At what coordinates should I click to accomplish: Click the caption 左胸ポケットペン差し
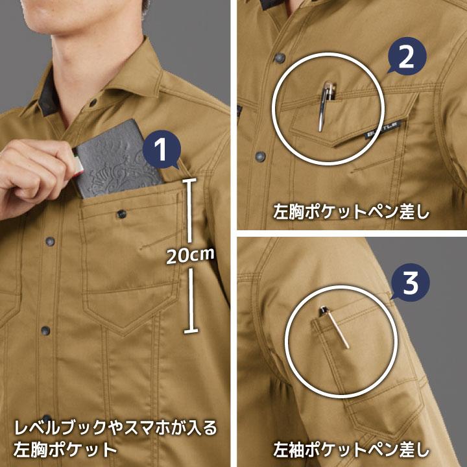click(350, 213)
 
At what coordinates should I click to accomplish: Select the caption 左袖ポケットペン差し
click(350, 447)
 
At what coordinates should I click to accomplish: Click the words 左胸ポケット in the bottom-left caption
click(65, 449)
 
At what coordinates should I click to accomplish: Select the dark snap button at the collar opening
click(93, 102)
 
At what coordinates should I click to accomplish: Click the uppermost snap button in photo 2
click(278, 58)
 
